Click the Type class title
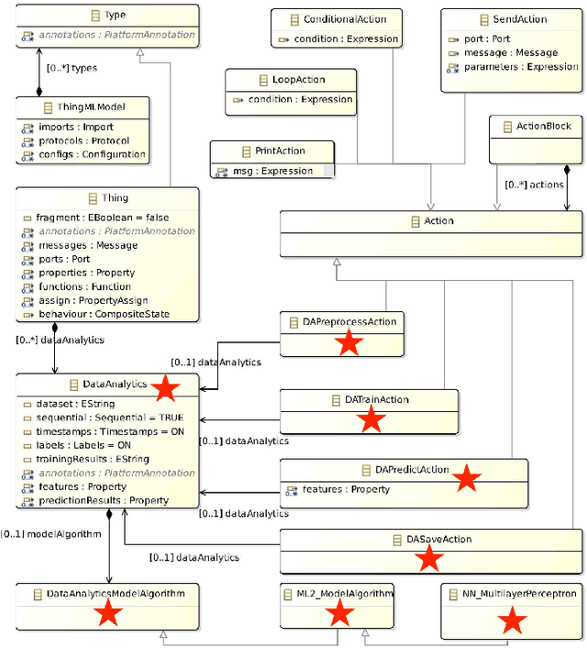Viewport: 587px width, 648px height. coord(115,15)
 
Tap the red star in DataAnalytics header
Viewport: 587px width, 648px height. coord(164,388)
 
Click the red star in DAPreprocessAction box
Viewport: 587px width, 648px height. coord(349,343)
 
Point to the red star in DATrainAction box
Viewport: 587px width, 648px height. coord(370,420)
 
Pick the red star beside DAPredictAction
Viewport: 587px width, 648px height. coord(467,477)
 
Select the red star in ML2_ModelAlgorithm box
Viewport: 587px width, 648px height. coord(338,614)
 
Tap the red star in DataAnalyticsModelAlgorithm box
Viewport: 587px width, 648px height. coord(109,619)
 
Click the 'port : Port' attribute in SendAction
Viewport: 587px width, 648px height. coord(489,39)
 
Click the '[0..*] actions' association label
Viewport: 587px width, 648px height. coord(534,184)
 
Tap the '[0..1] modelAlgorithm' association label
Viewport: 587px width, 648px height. coord(50,533)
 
